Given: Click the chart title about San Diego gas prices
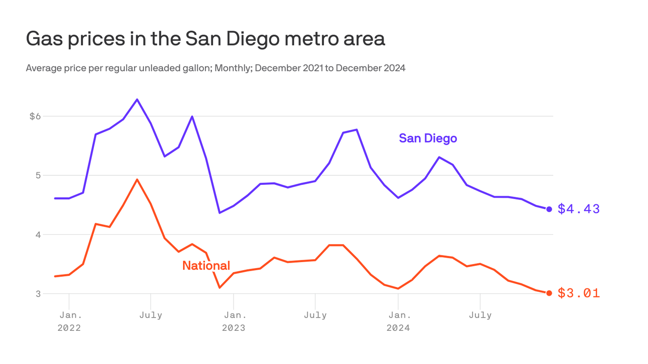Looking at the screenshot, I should [205, 39].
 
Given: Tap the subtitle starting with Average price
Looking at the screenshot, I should [215, 68].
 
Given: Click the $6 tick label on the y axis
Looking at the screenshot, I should [36, 116].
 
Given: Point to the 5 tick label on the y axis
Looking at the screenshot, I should [38, 175].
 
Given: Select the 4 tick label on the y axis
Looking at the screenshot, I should [38, 235].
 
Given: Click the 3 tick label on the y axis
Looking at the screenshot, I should [38, 293].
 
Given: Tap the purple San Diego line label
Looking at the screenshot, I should [427, 138].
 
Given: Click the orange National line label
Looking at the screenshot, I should [206, 265].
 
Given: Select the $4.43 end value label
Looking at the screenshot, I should [578, 209].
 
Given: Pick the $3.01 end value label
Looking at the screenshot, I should [578, 293].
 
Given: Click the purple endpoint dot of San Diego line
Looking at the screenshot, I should [549, 209].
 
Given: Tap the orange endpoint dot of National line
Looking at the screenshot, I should [549, 293].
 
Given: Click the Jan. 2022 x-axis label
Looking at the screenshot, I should [69, 321].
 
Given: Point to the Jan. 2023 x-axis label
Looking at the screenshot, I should [234, 321].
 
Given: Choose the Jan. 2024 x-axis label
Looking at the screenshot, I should [398, 321].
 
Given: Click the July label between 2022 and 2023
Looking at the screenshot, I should [151, 315].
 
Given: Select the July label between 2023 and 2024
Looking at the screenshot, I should [315, 315].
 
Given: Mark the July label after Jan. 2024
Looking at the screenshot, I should [480, 315].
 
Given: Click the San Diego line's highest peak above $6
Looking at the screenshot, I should [137, 100].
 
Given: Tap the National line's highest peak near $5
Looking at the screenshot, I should [137, 180].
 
